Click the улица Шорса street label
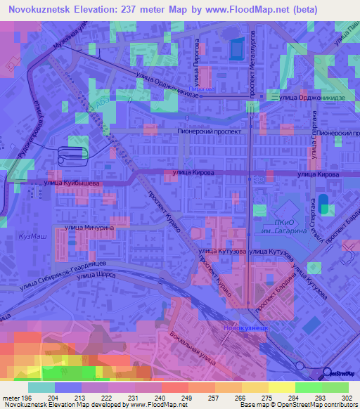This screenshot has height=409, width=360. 95,276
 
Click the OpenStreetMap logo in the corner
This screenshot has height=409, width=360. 340,372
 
